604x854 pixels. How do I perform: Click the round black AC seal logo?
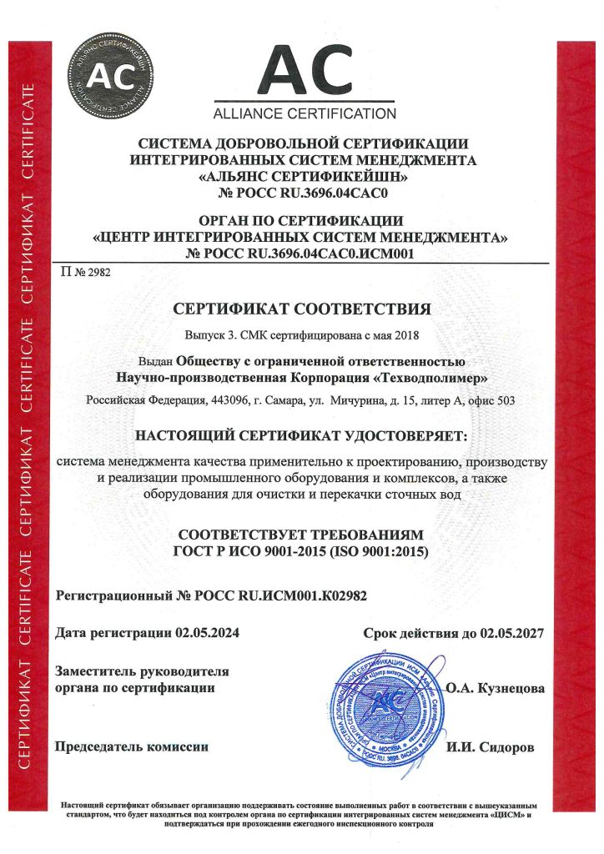pyautogui.click(x=112, y=75)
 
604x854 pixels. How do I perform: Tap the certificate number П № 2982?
pyautogui.click(x=86, y=272)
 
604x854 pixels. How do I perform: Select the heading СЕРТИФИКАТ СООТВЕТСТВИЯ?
pyautogui.click(x=302, y=310)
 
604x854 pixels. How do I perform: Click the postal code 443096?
pyautogui.click(x=228, y=401)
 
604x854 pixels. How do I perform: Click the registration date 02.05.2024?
pyautogui.click(x=208, y=634)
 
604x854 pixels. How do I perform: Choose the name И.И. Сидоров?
pyautogui.click(x=492, y=747)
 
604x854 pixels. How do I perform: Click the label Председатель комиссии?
pyautogui.click(x=131, y=746)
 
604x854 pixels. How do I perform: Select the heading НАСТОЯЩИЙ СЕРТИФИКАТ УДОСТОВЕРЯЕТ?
pyautogui.click(x=302, y=435)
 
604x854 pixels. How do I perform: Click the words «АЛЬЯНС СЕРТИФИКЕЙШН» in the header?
pyautogui.click(x=302, y=177)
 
